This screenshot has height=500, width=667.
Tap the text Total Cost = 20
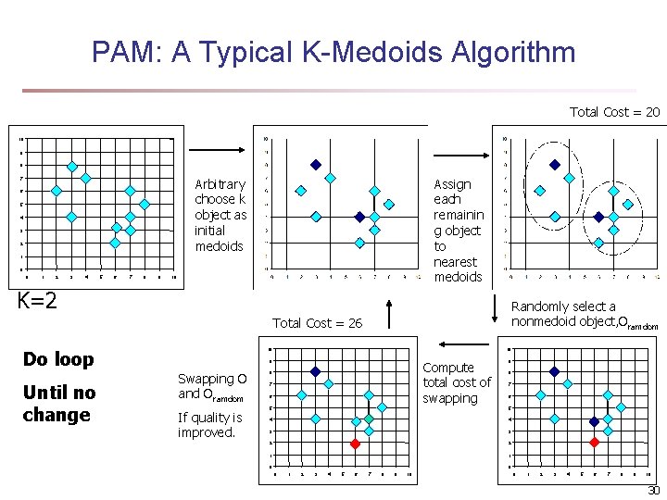pos(614,112)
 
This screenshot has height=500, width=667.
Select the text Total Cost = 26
pos(317,323)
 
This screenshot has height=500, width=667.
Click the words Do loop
pos(58,359)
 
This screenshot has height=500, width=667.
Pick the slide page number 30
pos(653,491)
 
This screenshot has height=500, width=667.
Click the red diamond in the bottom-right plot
pos(594,442)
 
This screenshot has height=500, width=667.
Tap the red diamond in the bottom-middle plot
pos(355,443)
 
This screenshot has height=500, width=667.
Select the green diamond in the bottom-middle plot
pos(368,419)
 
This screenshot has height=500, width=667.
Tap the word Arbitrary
pos(220,184)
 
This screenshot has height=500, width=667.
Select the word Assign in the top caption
pos(452,184)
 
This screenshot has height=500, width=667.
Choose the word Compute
pos(448,368)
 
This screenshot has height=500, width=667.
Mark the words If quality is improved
pos(209,425)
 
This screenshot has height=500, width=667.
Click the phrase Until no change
pos(57,404)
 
